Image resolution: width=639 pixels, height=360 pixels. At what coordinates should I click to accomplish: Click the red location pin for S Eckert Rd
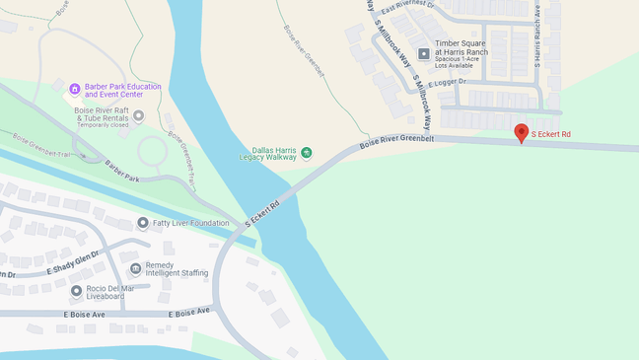[x=521, y=133]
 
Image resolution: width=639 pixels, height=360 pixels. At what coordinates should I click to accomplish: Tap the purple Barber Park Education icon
[x=74, y=90]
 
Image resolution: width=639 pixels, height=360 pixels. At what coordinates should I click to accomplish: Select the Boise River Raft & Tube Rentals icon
[x=138, y=116]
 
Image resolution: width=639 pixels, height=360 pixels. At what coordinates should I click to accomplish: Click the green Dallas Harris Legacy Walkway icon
[x=306, y=152]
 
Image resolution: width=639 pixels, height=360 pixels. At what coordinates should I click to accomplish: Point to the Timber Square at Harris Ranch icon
[x=424, y=53]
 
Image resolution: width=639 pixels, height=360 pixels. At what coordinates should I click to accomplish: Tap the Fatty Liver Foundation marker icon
[x=143, y=224]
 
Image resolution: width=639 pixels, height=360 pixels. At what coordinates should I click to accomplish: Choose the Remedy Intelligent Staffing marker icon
[x=136, y=268]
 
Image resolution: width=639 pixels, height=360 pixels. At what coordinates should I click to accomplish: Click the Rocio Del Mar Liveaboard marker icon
[x=76, y=291]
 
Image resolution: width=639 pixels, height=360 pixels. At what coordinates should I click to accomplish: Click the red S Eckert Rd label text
[x=550, y=134]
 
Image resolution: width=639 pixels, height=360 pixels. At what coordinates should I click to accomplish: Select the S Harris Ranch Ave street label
[x=537, y=36]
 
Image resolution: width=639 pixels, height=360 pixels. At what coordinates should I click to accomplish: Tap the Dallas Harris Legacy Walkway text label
[x=267, y=153]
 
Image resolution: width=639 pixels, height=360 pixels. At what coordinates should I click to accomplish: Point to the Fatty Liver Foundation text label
[x=190, y=224]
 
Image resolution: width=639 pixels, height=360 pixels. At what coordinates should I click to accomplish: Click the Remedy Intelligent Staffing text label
[x=177, y=269]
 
